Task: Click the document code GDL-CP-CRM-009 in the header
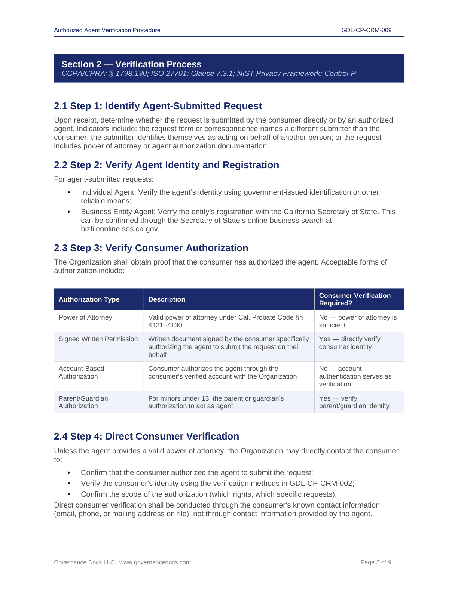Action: click(366, 30)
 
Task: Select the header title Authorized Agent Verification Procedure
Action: click(107, 30)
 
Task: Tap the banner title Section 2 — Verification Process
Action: click(131, 64)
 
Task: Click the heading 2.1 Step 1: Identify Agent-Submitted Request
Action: click(158, 106)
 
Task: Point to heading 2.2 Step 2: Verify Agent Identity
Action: click(166, 165)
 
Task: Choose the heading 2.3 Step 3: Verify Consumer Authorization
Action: click(151, 248)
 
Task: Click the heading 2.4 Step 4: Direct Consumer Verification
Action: click(146, 437)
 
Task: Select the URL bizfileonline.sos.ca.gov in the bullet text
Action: click(120, 229)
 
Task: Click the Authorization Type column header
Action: click(89, 299)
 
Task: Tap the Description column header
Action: click(167, 299)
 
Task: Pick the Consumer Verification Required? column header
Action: click(354, 299)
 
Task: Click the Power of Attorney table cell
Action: click(85, 317)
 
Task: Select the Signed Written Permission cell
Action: click(98, 339)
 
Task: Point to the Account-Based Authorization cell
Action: click(82, 372)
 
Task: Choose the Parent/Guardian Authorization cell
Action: click(83, 402)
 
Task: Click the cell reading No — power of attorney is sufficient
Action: click(357, 321)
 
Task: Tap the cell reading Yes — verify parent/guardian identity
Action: click(354, 402)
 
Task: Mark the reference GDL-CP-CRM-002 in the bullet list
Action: click(321, 484)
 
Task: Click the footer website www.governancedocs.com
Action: click(155, 562)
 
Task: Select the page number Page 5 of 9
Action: click(375, 562)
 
